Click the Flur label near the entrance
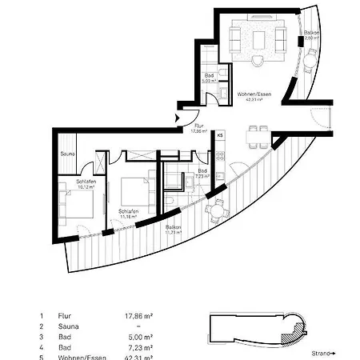(198, 127)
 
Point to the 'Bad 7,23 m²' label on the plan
(202, 173)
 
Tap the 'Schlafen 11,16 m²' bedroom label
(129, 214)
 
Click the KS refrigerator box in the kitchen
(221, 136)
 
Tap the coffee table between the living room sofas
(258, 36)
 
